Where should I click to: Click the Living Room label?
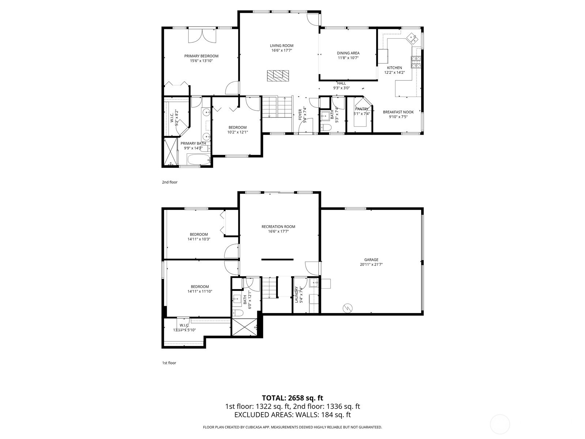pyautogui.click(x=282, y=46)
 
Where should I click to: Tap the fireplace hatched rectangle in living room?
pyautogui.click(x=278, y=75)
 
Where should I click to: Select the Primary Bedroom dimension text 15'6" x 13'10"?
pyautogui.click(x=201, y=61)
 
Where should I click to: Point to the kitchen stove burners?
pyautogui.click(x=416, y=62)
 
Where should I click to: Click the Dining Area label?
pyautogui.click(x=348, y=53)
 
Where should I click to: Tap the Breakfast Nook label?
pyautogui.click(x=398, y=112)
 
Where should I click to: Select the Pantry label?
pyautogui.click(x=362, y=109)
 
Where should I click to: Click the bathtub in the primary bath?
pyautogui.click(x=198, y=160)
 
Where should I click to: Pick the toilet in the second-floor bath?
pyautogui.click(x=325, y=128)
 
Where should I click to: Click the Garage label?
pyautogui.click(x=371, y=260)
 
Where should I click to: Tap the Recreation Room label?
pyautogui.click(x=278, y=226)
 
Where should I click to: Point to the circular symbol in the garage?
pyautogui.click(x=347, y=308)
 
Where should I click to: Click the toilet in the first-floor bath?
pyautogui.click(x=238, y=313)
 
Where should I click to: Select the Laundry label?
pyautogui.click(x=297, y=294)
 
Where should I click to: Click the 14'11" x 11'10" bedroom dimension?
pyautogui.click(x=200, y=292)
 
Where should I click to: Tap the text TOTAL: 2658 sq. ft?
pyautogui.click(x=292, y=398)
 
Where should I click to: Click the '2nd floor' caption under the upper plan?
pyautogui.click(x=170, y=182)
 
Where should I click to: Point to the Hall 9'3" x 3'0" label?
pyautogui.click(x=341, y=86)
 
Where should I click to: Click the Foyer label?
pyautogui.click(x=300, y=115)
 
